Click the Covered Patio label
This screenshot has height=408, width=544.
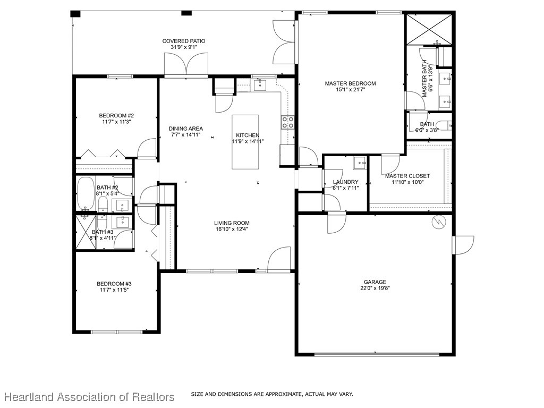(x=184, y=41)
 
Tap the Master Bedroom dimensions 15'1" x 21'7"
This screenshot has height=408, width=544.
(x=350, y=90)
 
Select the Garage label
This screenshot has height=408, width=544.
(x=375, y=282)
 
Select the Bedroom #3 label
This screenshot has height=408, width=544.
(x=114, y=284)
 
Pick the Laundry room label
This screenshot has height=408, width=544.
(x=345, y=182)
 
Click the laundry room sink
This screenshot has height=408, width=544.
(x=360, y=162)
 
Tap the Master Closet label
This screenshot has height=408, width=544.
(x=407, y=176)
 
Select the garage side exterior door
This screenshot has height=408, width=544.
(x=462, y=245)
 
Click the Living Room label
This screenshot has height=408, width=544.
(x=232, y=223)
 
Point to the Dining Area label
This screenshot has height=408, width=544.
(x=185, y=129)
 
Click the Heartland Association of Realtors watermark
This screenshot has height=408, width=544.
(x=89, y=397)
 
